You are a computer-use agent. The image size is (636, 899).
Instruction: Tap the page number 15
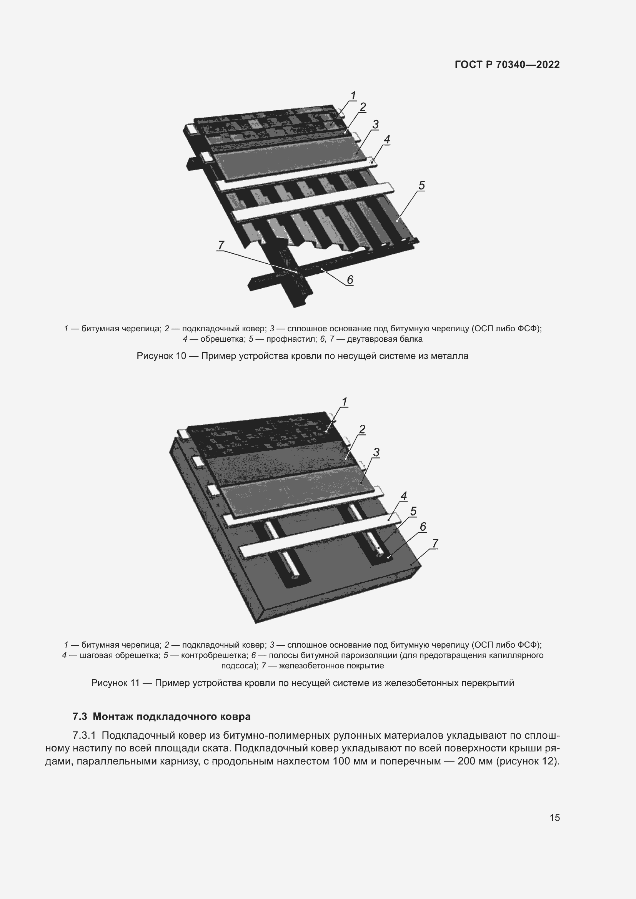[554, 818]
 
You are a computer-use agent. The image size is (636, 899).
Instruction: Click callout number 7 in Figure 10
[221, 245]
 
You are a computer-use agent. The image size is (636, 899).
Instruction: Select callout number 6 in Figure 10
[350, 279]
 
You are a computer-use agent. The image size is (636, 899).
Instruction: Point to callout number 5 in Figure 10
[421, 185]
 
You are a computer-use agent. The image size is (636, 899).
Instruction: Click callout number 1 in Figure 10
[353, 95]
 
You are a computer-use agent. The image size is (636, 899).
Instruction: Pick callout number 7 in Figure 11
[435, 543]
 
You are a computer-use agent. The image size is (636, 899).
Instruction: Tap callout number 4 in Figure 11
[404, 496]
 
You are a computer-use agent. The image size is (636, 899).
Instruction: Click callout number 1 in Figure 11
[345, 402]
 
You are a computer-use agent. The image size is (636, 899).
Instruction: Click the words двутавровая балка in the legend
[385, 339]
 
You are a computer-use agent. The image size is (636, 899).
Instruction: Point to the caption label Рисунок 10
[161, 356]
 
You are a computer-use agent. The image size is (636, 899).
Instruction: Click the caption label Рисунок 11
[115, 683]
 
